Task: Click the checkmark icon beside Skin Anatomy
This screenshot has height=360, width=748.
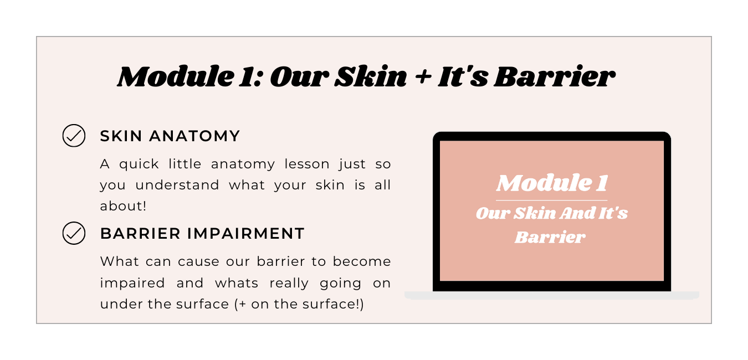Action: coord(74,136)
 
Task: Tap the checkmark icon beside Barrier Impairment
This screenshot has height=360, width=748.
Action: coord(74,233)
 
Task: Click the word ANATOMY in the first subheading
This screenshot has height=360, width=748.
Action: coord(194,136)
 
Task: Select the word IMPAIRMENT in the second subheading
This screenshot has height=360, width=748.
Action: coord(246,234)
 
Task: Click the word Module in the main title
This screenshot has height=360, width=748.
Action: coord(176,76)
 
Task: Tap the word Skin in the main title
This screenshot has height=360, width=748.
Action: coord(371,76)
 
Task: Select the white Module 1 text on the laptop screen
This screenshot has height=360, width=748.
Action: coord(552,183)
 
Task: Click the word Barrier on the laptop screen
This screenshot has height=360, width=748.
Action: coord(550,237)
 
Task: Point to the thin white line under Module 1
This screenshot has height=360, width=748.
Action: coord(552,200)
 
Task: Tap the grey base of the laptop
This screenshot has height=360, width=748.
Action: coord(552,295)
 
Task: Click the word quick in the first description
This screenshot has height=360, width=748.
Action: coord(139,164)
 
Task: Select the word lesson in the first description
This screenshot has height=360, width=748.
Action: coord(307,164)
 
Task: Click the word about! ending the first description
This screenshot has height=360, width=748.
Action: coord(123,206)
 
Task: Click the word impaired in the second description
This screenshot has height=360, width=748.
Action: coord(132,283)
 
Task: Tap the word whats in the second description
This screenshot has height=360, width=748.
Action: coord(237,283)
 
